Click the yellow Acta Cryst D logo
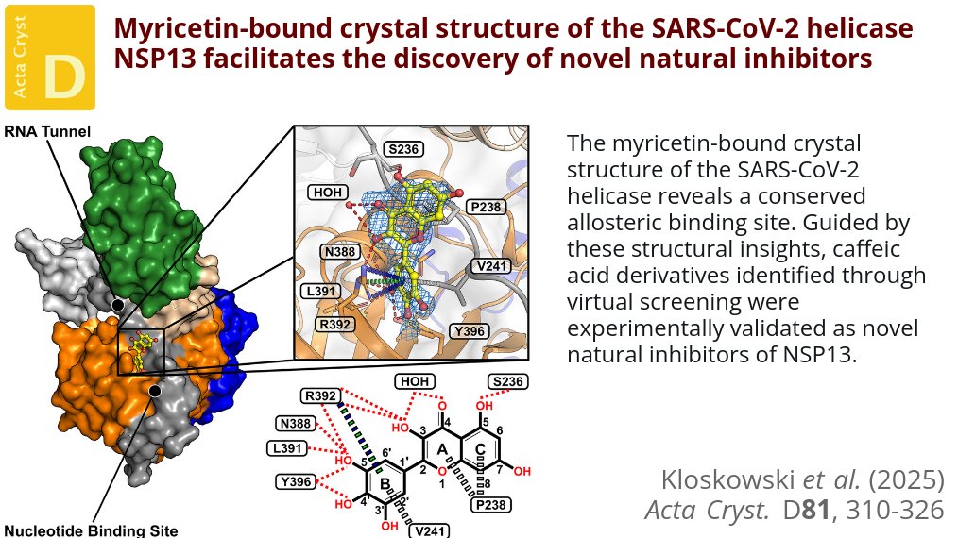click(x=50, y=58)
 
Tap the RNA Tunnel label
click(x=47, y=132)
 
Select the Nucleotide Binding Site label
click(x=91, y=530)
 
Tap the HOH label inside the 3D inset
click(x=328, y=193)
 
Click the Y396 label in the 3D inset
click(x=470, y=330)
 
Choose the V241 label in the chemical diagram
click(x=428, y=530)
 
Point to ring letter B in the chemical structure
click(x=385, y=484)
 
